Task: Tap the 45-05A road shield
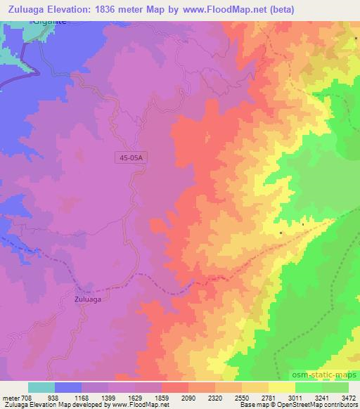click(129, 159)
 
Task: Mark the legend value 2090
click(199, 396)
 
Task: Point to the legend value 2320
click(226, 396)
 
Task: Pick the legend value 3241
click(323, 396)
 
